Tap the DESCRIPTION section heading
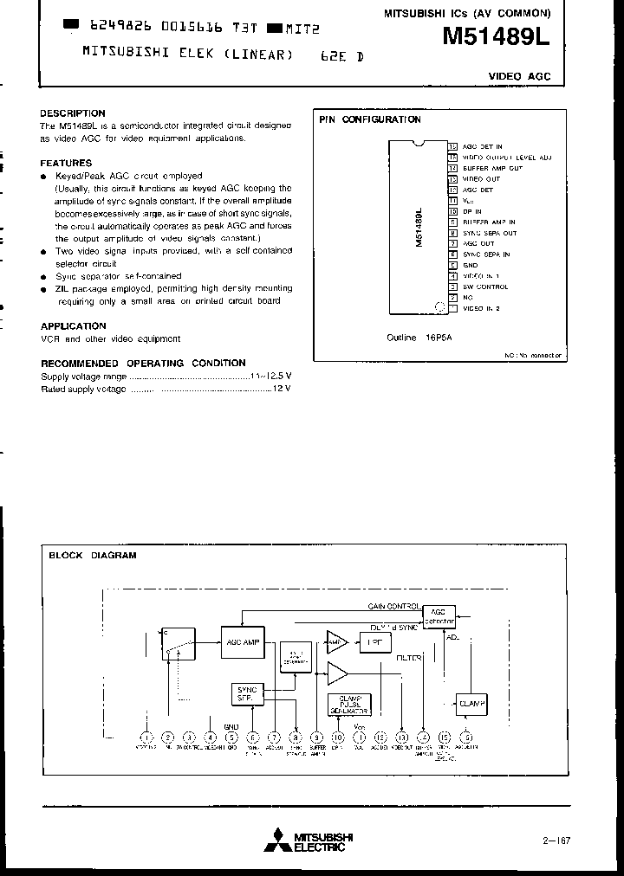pos(73,113)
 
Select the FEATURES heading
pos(66,163)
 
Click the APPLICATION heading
pos(74,326)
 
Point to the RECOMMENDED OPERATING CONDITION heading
pos(143,363)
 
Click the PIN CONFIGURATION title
pos(370,120)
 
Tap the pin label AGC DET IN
pos(483,147)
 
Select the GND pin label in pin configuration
pos(471,265)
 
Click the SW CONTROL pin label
pos(485,287)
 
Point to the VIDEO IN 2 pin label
pos(482,308)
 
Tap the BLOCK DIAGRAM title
pos(92,556)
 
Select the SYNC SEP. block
pos(245,693)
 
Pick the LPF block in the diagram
pos(375,642)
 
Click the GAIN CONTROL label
pos(394,606)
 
